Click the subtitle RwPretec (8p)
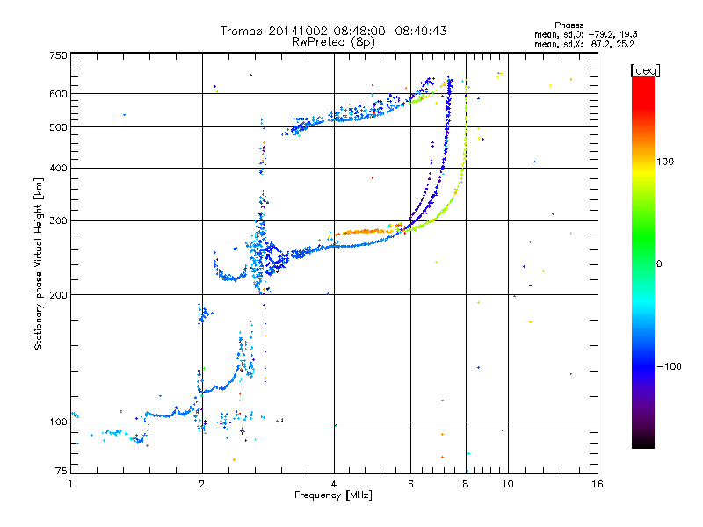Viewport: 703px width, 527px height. pos(333,42)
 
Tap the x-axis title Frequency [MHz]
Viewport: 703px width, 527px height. pos(333,495)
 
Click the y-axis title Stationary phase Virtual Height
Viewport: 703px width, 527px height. pos(38,263)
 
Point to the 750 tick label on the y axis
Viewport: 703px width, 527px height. pos(59,55)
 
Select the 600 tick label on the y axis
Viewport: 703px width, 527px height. pos(59,94)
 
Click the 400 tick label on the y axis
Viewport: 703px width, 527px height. pos(59,168)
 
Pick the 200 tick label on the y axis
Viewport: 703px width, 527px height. pos(59,295)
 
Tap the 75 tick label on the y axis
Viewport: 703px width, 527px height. pos(62,471)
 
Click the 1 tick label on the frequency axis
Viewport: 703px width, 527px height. pos(70,484)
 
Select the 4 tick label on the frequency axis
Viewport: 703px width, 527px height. pos(334,484)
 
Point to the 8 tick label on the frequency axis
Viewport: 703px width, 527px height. pos(466,484)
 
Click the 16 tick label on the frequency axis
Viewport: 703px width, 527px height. pos(598,484)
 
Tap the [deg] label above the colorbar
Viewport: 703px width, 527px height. pos(645,70)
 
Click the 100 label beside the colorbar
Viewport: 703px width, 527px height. pos(665,162)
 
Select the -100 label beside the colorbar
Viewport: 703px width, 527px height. pos(669,366)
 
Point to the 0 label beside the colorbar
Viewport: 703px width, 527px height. pos(659,264)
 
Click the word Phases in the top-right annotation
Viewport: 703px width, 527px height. pos(569,25)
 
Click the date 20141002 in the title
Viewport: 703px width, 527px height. pos(298,31)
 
